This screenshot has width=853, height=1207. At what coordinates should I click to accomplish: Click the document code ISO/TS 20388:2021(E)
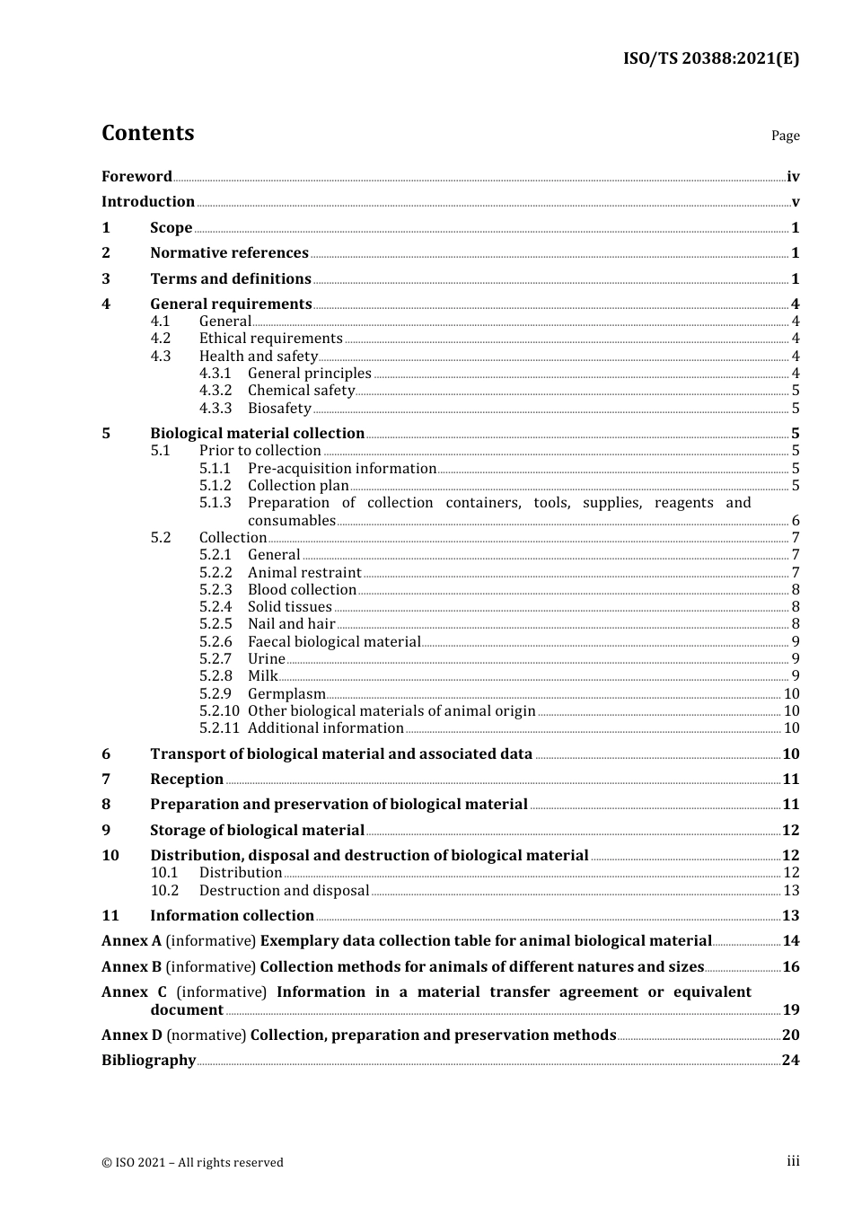[710, 58]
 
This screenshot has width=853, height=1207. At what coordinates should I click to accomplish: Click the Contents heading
[147, 133]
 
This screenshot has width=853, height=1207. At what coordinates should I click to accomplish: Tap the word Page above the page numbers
[785, 136]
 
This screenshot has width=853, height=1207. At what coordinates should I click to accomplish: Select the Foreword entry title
[136, 177]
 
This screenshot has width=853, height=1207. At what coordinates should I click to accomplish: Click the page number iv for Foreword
[793, 177]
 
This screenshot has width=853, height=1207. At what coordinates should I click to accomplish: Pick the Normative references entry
[229, 253]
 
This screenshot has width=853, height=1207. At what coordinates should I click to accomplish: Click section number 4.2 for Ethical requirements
[161, 339]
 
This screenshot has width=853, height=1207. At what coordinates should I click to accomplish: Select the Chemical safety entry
[301, 391]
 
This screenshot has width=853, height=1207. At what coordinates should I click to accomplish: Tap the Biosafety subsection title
[279, 409]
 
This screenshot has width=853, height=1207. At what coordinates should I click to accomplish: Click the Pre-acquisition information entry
[341, 469]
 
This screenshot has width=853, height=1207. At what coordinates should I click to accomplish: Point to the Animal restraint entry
[304, 573]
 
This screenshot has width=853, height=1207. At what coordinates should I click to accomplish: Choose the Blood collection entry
[302, 590]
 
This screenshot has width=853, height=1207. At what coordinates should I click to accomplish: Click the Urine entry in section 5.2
[266, 659]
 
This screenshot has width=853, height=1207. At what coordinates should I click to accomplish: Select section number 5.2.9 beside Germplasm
[215, 694]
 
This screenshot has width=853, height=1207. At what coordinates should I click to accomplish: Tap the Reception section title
[187, 780]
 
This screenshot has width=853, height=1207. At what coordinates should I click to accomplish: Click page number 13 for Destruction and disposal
[791, 891]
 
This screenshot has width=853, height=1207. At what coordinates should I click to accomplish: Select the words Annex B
[131, 967]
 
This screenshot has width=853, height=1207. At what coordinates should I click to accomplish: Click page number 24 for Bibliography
[790, 1061]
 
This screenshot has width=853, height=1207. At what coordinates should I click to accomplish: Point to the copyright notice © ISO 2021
[192, 1163]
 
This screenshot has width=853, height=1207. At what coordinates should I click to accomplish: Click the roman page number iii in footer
[793, 1161]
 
